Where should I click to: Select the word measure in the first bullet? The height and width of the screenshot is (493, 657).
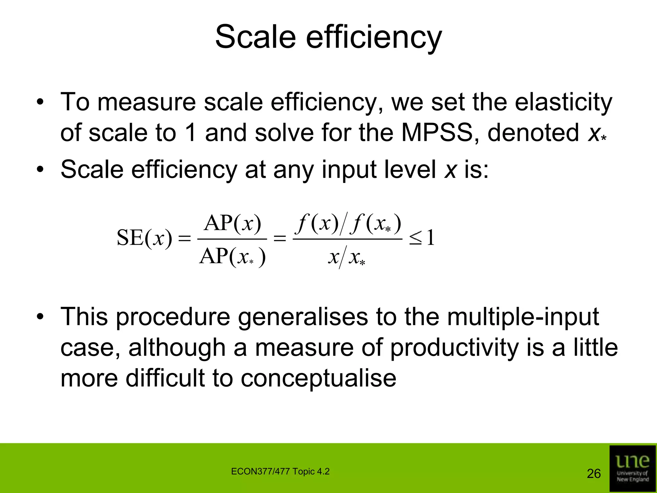click(146, 102)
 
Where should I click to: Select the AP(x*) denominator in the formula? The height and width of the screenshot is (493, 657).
click(232, 257)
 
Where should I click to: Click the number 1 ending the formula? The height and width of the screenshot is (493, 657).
click(431, 238)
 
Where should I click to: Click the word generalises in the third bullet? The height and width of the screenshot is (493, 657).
click(303, 317)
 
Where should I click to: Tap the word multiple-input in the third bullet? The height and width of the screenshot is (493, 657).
click(523, 317)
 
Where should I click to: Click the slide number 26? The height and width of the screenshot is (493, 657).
click(593, 474)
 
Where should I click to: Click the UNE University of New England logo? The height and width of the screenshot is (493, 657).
click(632, 468)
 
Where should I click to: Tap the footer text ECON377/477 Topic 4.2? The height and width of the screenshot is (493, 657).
click(280, 471)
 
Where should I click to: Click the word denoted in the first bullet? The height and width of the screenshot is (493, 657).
click(533, 133)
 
